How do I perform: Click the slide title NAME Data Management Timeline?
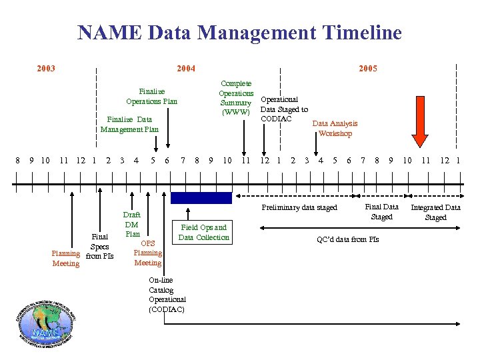coord(239,33)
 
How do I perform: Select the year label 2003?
coord(46,69)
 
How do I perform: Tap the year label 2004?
coord(185,69)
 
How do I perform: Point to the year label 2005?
coord(368,69)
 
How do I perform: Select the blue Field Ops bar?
coord(201,198)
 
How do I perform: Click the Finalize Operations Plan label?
coord(152,96)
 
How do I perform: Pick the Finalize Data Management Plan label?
coord(130,124)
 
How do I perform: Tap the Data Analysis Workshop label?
coord(335,128)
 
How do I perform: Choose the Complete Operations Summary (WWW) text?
coord(236,98)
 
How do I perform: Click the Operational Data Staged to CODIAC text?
coord(284,109)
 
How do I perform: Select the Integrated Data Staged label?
coord(435,213)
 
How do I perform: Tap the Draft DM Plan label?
coord(132,225)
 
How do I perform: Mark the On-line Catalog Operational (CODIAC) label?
coord(167,295)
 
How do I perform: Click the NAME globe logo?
coord(45,326)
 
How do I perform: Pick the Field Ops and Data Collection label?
coord(203,232)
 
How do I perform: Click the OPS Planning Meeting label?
coord(147,253)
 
